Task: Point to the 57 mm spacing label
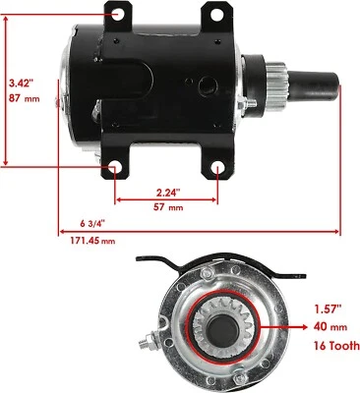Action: [x=168, y=207]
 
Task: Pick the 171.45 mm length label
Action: [x=92, y=241]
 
